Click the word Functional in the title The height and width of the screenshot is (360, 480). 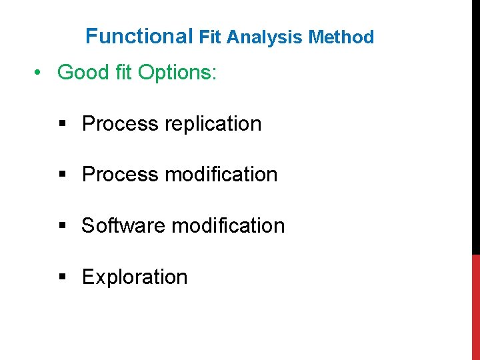click(x=139, y=36)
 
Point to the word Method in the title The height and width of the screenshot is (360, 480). click(x=341, y=37)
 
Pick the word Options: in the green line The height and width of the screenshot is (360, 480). click(x=177, y=72)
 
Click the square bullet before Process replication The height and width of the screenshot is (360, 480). click(x=62, y=124)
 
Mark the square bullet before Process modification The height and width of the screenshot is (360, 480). click(x=62, y=175)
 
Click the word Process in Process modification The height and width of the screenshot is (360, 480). click(x=120, y=175)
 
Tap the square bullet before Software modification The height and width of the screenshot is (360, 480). click(x=62, y=226)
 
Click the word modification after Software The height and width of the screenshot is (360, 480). click(x=228, y=226)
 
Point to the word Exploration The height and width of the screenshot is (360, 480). click(x=135, y=277)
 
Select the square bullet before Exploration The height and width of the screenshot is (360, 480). click(x=62, y=277)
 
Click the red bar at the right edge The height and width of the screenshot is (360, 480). click(x=475, y=307)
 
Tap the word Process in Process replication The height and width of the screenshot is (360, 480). click(x=120, y=124)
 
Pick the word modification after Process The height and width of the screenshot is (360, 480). click(x=221, y=175)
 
